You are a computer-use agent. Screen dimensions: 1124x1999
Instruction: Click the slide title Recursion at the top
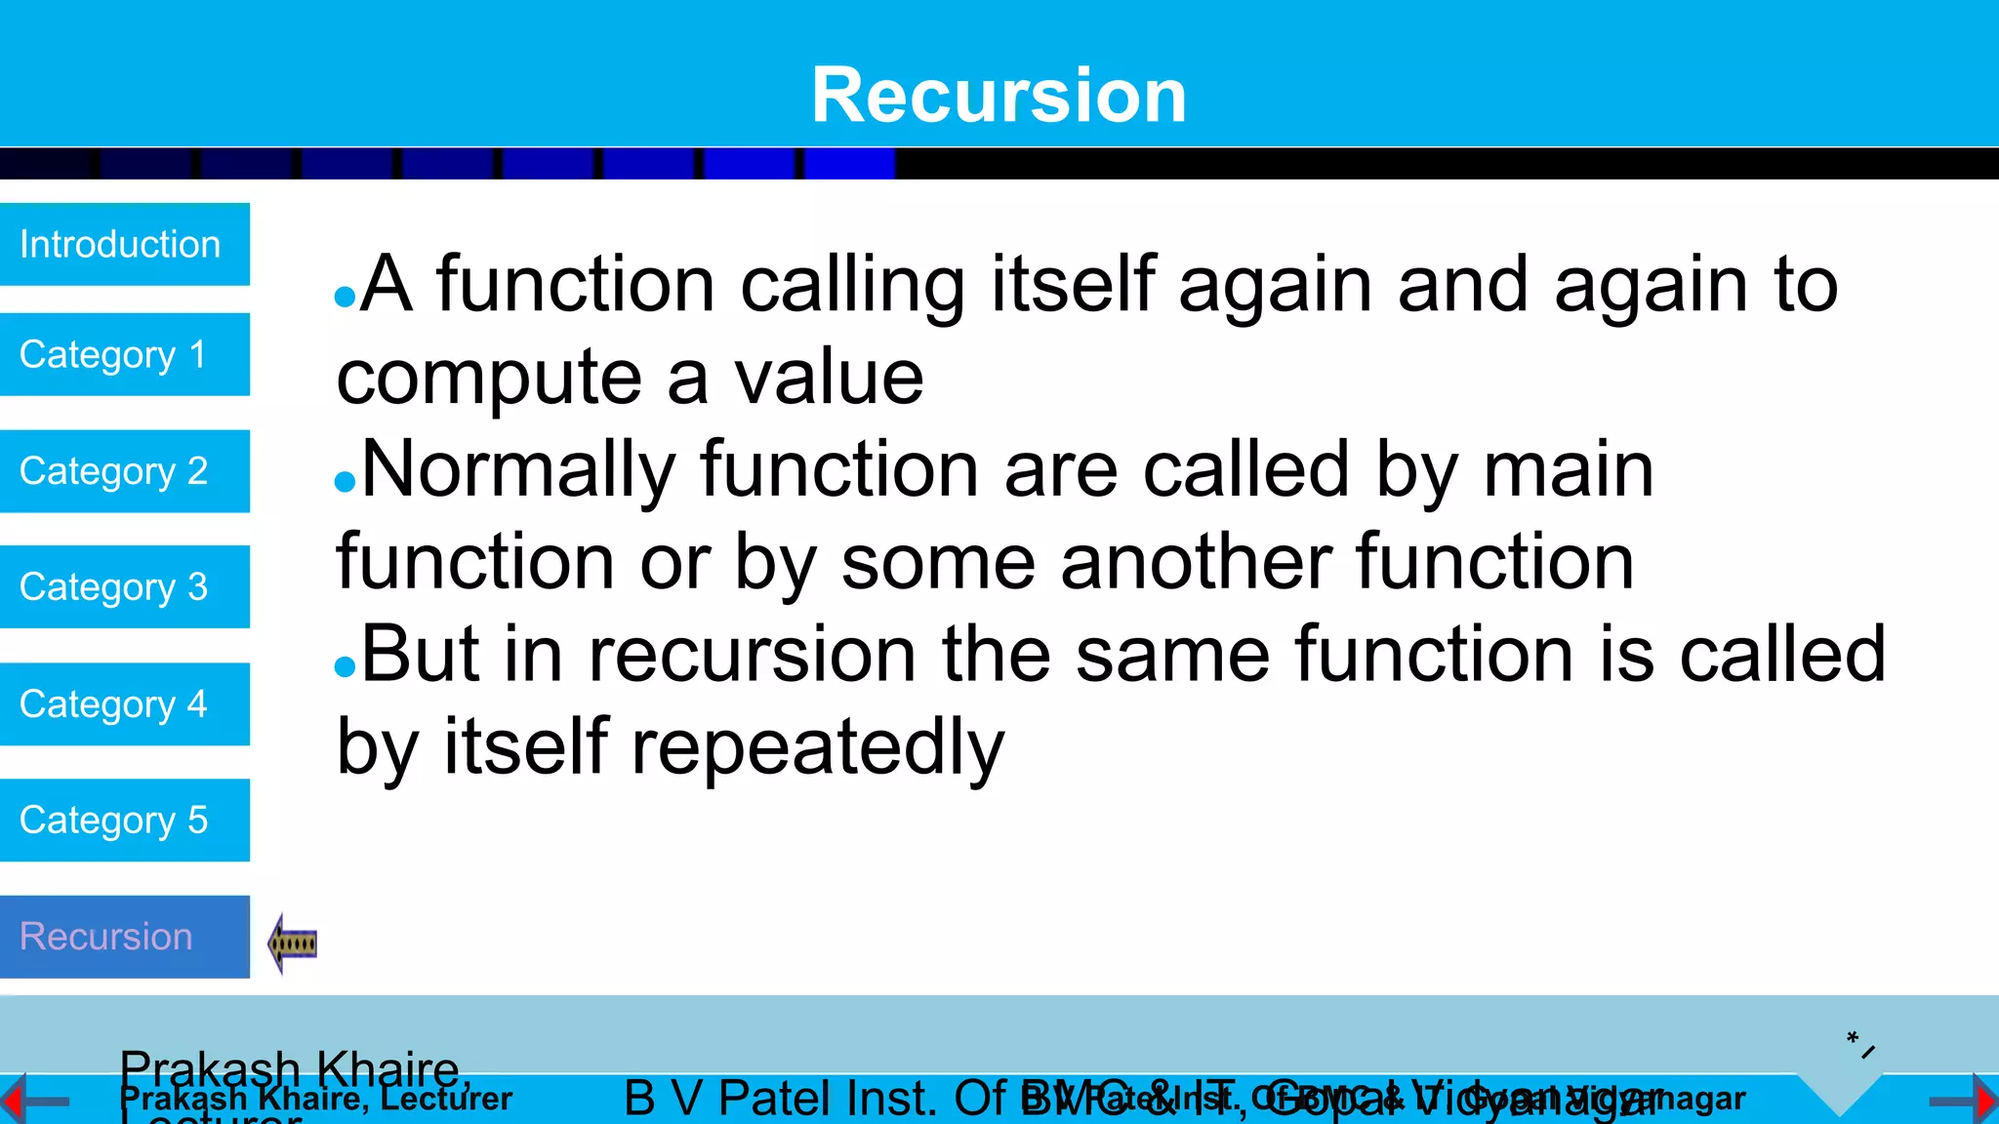[999, 95]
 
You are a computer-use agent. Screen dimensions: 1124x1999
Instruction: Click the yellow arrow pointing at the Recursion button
[292, 943]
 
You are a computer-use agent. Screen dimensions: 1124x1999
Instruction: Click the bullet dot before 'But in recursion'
[345, 666]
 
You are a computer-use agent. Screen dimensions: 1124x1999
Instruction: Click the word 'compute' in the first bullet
[489, 379]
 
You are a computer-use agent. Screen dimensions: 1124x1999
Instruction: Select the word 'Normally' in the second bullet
[518, 470]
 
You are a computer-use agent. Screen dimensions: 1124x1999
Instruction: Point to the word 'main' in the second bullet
[1568, 470]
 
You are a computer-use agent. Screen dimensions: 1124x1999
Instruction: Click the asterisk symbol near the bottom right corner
[1852, 1037]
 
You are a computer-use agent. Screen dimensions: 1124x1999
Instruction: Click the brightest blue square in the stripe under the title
[849, 163]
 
